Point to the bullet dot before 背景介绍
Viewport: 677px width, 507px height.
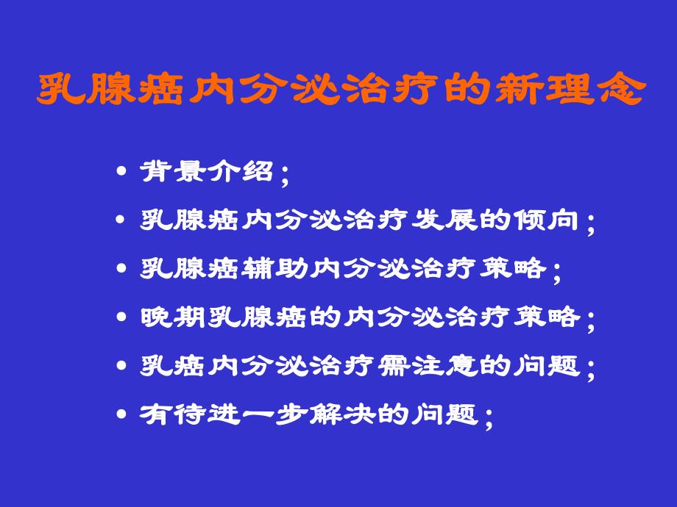coord(122,173)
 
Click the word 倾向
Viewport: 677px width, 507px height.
coord(547,220)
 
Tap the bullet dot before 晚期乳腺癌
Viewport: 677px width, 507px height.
coord(122,318)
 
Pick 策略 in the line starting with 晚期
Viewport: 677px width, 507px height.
coord(547,317)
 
